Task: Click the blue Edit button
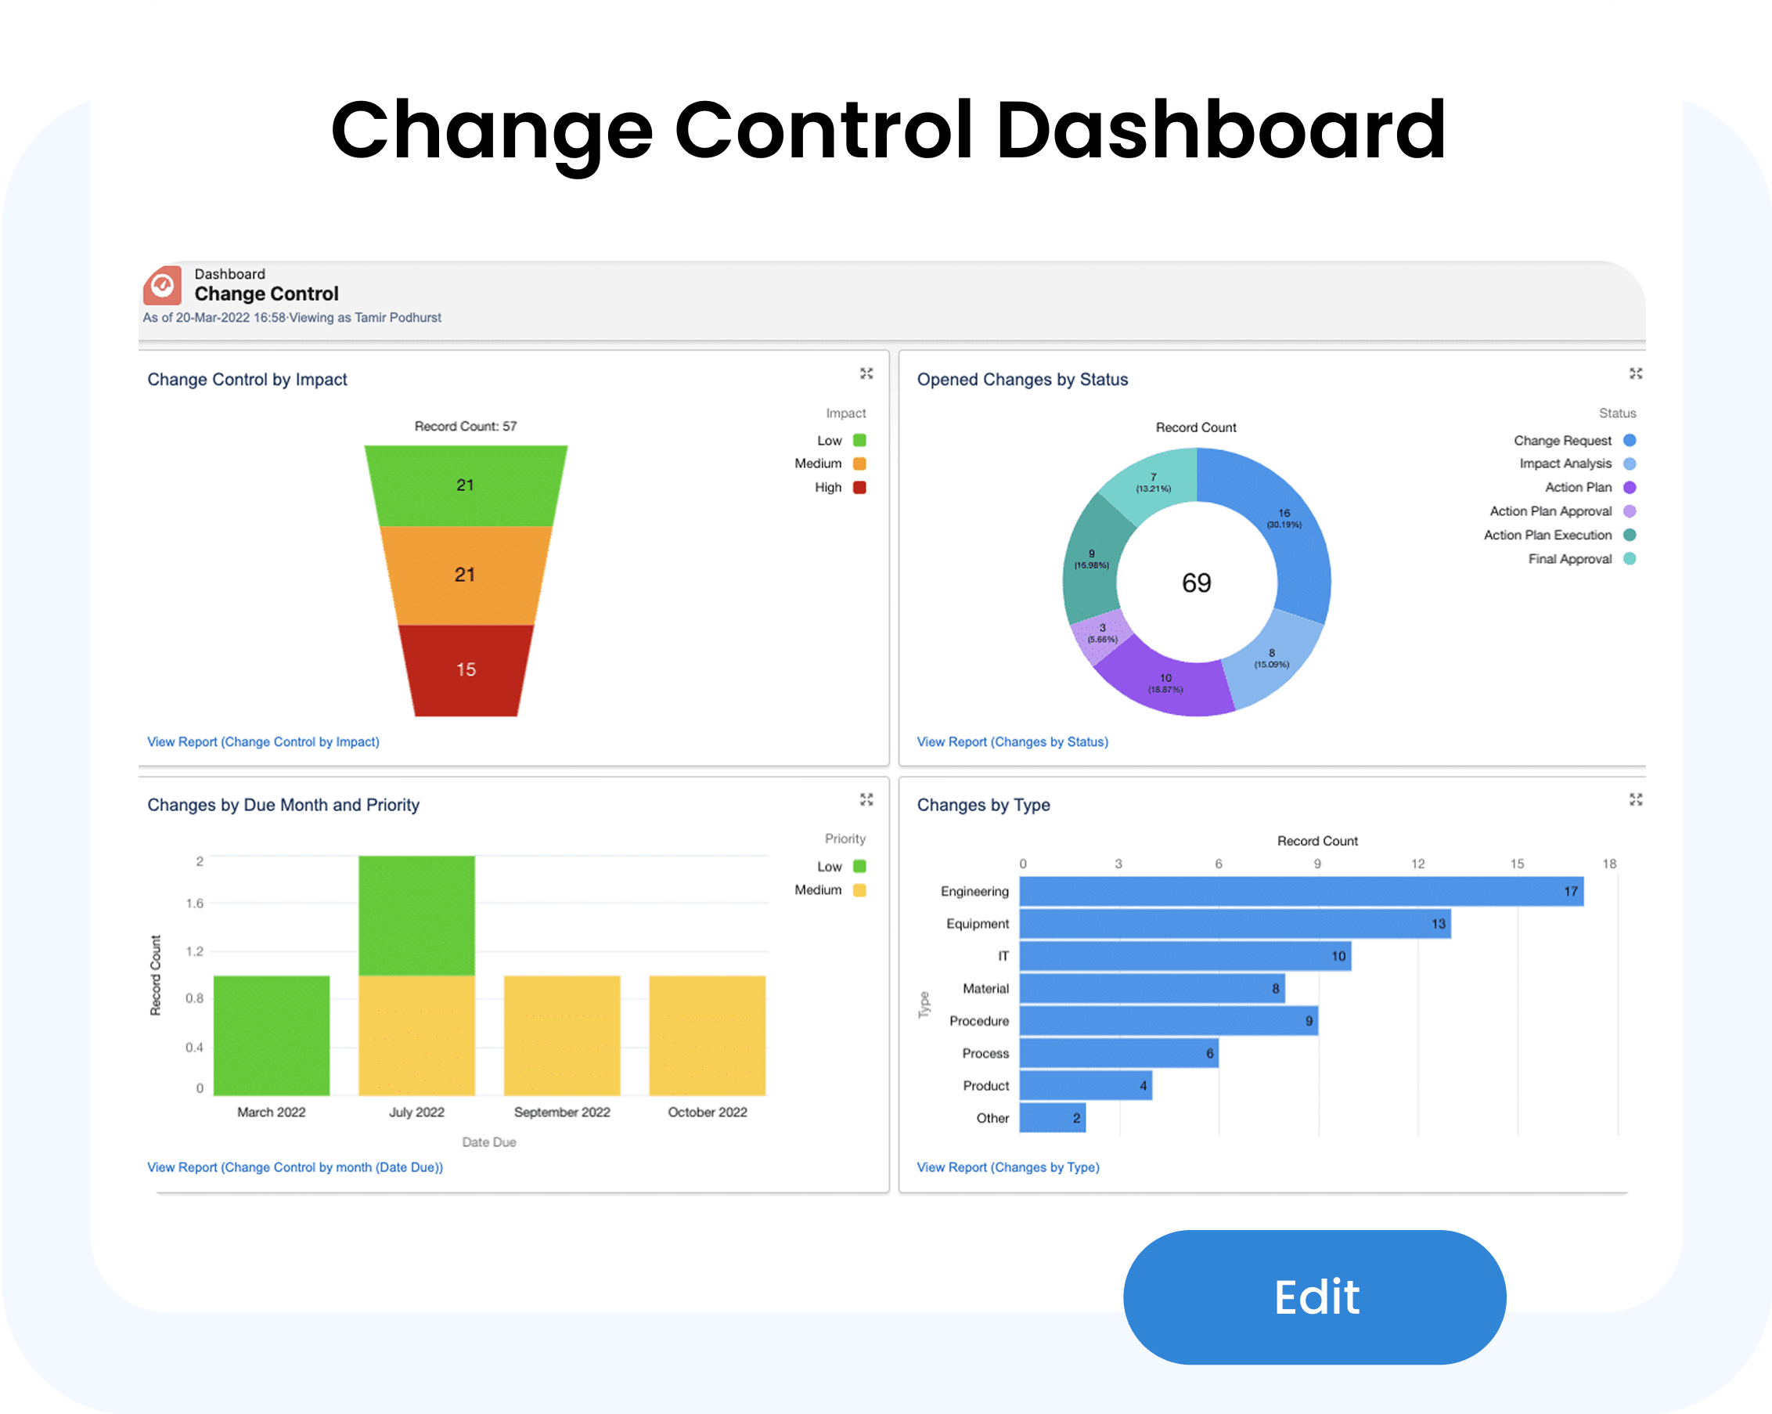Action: (1314, 1297)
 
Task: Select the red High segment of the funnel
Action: (466, 670)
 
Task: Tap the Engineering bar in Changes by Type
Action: (1301, 892)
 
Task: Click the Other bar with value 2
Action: (1052, 1118)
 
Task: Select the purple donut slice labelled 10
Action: (1165, 683)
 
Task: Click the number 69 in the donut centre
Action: (1196, 583)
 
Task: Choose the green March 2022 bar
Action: (272, 1036)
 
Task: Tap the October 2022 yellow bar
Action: (707, 1036)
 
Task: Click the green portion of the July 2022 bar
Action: (416, 916)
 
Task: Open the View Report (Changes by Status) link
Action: (1013, 742)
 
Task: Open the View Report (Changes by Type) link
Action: (1007, 1167)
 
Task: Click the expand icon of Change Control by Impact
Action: (866, 374)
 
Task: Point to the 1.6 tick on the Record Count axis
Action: (195, 904)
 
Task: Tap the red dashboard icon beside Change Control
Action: (163, 285)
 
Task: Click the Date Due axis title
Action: (489, 1142)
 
